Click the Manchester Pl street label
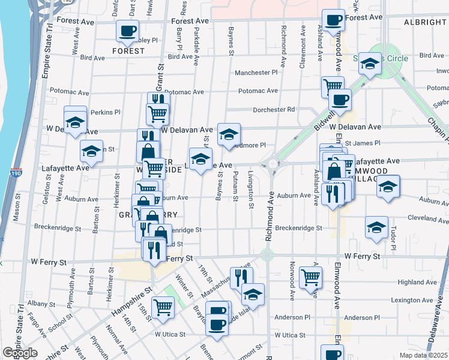pyautogui.click(x=256, y=73)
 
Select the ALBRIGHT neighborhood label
pyautogui.click(x=425, y=22)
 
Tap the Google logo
pyautogui.click(x=20, y=353)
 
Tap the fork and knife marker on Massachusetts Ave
pyautogui.click(x=241, y=277)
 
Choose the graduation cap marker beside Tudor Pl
pyautogui.click(x=376, y=227)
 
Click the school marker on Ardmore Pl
pyautogui.click(x=229, y=134)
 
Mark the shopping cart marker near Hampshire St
pyautogui.click(x=163, y=307)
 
